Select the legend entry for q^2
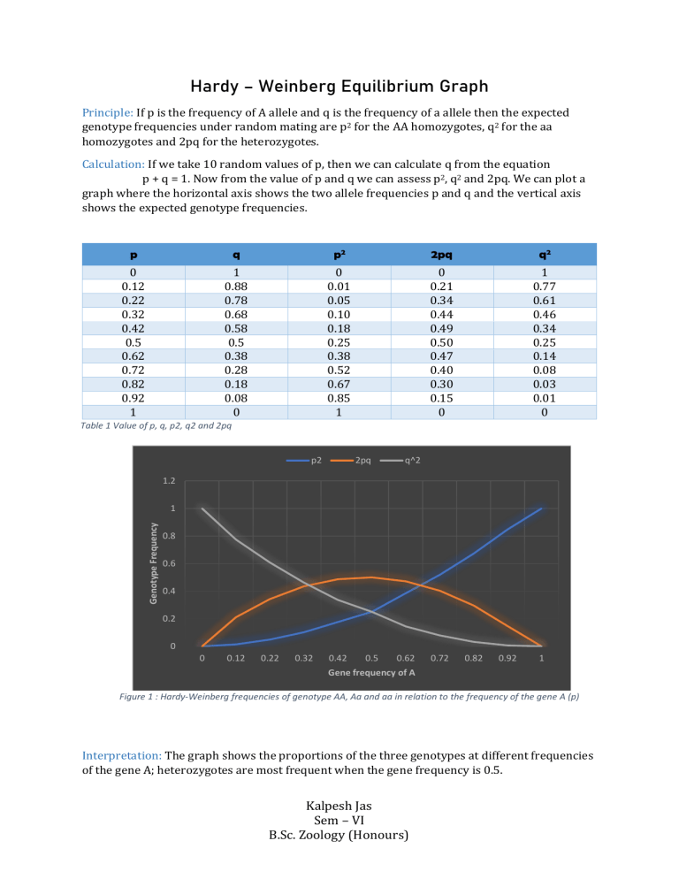click(x=404, y=460)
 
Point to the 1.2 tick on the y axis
click(x=167, y=481)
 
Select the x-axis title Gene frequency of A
click(x=371, y=673)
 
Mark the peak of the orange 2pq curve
click(x=372, y=577)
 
